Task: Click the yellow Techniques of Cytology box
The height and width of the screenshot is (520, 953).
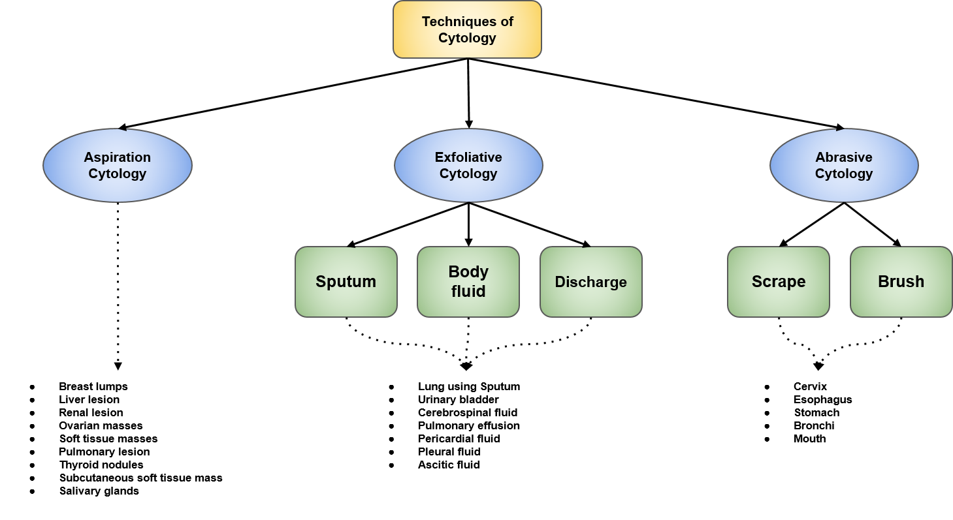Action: pyautogui.click(x=467, y=29)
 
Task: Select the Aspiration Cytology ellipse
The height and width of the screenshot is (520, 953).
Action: pyautogui.click(x=118, y=166)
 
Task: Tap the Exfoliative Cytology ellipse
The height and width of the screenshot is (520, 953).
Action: pyautogui.click(x=468, y=166)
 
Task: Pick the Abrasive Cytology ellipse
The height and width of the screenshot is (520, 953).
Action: pyautogui.click(x=844, y=166)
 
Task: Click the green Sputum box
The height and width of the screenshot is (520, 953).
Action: pyautogui.click(x=346, y=282)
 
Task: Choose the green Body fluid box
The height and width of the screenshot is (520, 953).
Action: pyautogui.click(x=468, y=282)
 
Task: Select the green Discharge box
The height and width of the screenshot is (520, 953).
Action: pyautogui.click(x=591, y=282)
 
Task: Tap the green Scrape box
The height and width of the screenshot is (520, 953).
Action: pyautogui.click(x=779, y=282)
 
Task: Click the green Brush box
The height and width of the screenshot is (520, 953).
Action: pyautogui.click(x=901, y=282)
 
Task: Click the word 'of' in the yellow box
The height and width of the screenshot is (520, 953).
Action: pyautogui.click(x=507, y=22)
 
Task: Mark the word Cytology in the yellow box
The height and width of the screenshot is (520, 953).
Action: pyautogui.click(x=467, y=38)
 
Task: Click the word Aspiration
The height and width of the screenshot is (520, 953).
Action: pyautogui.click(x=118, y=157)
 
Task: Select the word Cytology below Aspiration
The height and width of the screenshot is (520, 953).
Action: pyautogui.click(x=118, y=174)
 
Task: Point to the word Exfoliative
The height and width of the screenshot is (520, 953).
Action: pyautogui.click(x=468, y=157)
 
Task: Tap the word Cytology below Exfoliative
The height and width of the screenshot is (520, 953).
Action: pyautogui.click(x=468, y=174)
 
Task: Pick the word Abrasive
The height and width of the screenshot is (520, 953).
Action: pyautogui.click(x=844, y=157)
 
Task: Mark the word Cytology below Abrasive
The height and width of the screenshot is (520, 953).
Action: pyautogui.click(x=844, y=174)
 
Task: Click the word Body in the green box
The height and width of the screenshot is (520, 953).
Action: pyautogui.click(x=468, y=271)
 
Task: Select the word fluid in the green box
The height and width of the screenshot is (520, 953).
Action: pyautogui.click(x=468, y=292)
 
